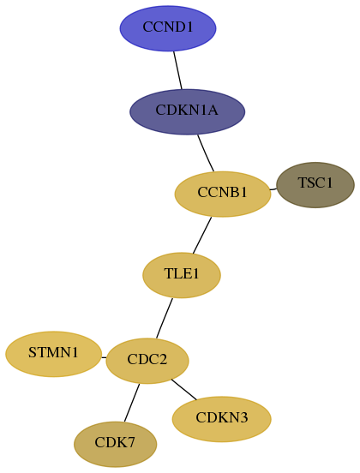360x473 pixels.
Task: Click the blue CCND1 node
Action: click(x=168, y=28)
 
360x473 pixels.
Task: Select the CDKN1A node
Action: click(x=187, y=111)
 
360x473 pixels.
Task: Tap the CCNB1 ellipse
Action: click(x=223, y=194)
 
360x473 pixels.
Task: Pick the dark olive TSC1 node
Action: click(x=315, y=185)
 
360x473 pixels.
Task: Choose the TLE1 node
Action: click(x=182, y=275)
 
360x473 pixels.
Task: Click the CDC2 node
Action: click(x=147, y=361)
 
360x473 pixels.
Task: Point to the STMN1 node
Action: click(x=53, y=354)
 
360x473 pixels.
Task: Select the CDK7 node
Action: click(x=115, y=444)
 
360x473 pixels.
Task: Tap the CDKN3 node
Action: click(x=221, y=419)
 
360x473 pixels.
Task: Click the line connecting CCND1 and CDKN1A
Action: click(x=177, y=70)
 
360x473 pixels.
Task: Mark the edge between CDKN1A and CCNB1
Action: click(x=206, y=153)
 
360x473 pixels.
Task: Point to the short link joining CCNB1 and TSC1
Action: click(x=273, y=189)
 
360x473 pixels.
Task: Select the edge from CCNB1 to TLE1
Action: click(x=202, y=236)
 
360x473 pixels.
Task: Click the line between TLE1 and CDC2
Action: click(x=165, y=318)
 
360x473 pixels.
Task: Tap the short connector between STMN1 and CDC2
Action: click(x=104, y=358)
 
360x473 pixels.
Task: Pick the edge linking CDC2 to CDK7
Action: click(x=132, y=403)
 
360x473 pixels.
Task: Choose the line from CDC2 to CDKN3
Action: click(x=183, y=389)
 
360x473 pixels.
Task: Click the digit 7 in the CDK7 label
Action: click(x=131, y=442)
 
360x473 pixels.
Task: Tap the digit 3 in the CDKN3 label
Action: click(x=244, y=417)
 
